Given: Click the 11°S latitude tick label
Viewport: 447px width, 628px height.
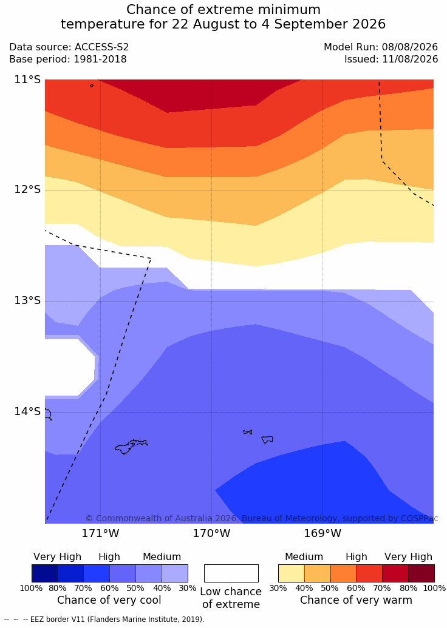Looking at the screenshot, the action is (x=27, y=79).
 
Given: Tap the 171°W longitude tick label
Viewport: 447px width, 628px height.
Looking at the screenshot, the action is (x=100, y=533).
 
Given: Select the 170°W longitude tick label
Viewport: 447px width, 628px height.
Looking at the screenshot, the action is (x=211, y=533).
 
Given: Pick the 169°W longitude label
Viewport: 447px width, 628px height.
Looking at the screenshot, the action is (x=322, y=533).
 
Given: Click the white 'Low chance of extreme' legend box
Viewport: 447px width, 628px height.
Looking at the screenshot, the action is (x=231, y=573).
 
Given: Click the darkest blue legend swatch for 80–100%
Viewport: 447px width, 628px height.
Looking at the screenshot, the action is (x=44, y=573).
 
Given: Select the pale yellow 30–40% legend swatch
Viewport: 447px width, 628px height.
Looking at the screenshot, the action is (x=292, y=573).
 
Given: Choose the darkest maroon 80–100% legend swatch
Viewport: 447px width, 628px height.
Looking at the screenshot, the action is (x=421, y=573).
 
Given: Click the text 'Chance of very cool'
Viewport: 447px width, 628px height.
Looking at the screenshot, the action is (x=109, y=600).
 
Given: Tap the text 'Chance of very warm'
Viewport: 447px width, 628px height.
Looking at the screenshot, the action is (x=356, y=600).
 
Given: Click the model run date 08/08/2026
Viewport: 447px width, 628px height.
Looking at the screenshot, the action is (x=410, y=47).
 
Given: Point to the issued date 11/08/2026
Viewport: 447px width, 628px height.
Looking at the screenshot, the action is (x=410, y=59).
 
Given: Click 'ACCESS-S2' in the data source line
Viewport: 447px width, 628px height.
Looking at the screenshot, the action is (x=102, y=47).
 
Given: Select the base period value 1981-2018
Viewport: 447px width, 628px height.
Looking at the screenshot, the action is (x=100, y=59).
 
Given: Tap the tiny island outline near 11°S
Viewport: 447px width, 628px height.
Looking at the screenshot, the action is (x=92, y=86).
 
